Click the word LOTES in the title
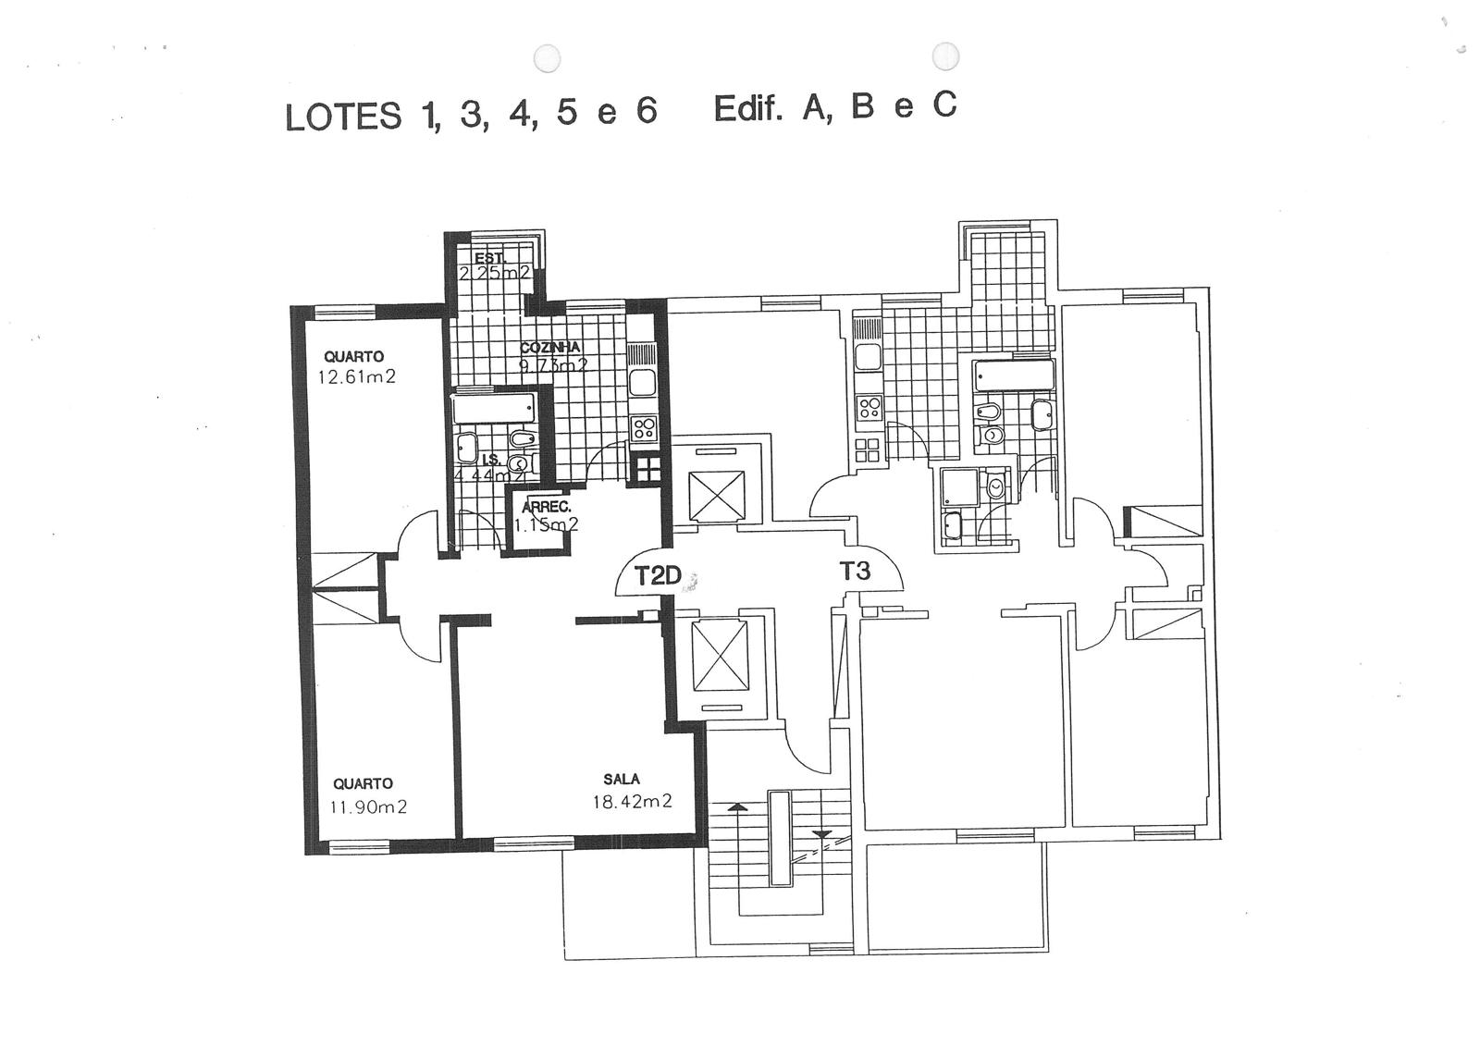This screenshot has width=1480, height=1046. point(343,117)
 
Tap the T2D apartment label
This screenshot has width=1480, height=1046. point(657,576)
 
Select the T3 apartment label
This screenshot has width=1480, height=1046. point(855,572)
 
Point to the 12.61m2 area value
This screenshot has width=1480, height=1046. point(356,376)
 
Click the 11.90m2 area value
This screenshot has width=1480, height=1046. point(368,806)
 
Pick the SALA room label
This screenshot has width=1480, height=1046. point(622,780)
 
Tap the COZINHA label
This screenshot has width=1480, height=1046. point(550,348)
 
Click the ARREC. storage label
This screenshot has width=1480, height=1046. point(546,508)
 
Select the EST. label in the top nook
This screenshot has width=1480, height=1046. point(489,258)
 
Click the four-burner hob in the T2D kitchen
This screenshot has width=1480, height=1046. point(644,428)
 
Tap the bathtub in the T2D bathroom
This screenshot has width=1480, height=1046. point(495,408)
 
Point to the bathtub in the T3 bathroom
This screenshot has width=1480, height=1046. point(1014,375)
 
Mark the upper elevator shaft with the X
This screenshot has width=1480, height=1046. point(718,495)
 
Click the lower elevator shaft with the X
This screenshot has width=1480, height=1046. point(719,655)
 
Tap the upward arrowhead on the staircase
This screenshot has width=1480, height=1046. point(737,807)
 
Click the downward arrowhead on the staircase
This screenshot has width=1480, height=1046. point(821,834)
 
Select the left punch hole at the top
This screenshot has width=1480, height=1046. point(548,59)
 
